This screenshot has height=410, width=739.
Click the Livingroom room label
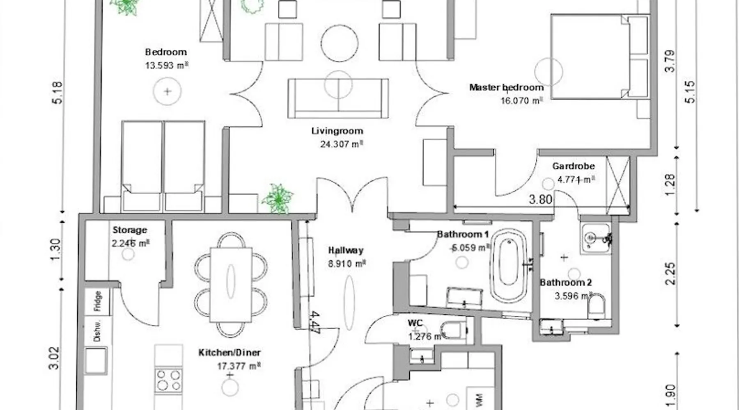tap(337, 131)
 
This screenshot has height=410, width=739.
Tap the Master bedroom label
tap(506, 87)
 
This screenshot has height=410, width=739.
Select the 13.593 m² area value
tap(167, 65)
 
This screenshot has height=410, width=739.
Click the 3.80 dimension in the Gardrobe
tap(540, 199)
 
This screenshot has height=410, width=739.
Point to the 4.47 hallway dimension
tap(315, 323)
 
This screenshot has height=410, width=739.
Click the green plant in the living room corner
tap(278, 199)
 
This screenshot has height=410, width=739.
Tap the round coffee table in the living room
tap(340, 43)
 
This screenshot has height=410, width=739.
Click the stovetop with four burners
tap(169, 380)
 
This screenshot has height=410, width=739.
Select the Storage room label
tap(130, 230)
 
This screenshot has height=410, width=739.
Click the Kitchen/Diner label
tap(230, 353)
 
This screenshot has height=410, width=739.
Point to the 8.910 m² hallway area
tap(347, 264)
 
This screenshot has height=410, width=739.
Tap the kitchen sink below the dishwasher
tap(96, 361)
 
